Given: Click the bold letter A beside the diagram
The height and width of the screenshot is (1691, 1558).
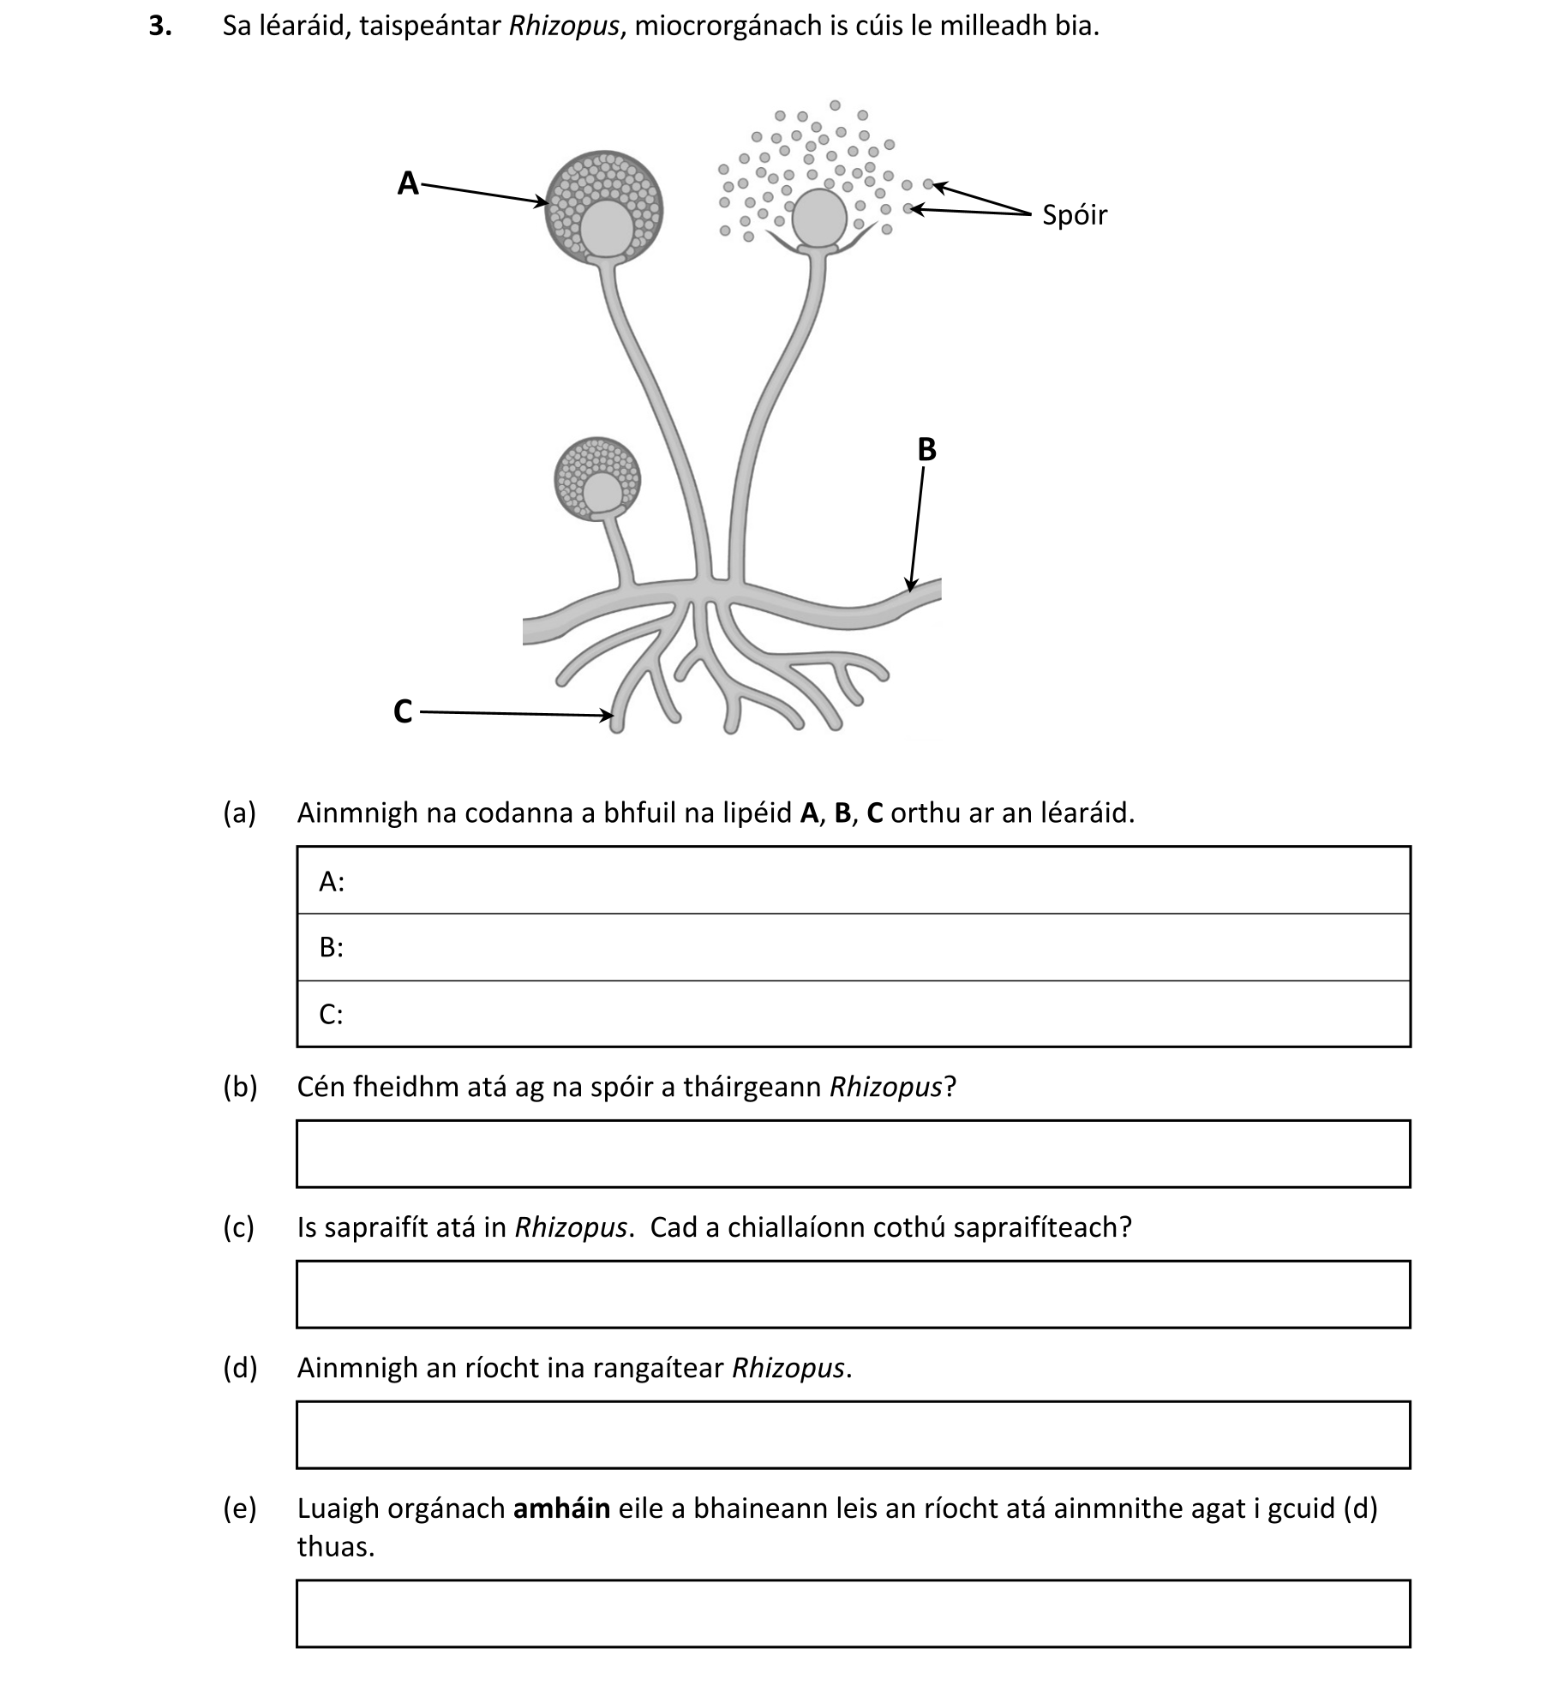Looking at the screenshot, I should [x=408, y=183].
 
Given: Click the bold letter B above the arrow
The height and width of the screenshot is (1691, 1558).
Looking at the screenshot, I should [x=926, y=450].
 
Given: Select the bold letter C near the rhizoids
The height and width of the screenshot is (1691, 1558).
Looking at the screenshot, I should [x=403, y=711].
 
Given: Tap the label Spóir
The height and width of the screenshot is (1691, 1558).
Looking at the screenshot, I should [x=1074, y=215].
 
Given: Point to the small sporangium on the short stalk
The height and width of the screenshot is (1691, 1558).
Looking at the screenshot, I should [x=597, y=479].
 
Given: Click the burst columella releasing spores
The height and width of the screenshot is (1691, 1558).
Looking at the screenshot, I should [x=819, y=218].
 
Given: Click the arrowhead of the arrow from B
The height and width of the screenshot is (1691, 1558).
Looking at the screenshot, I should [x=911, y=585].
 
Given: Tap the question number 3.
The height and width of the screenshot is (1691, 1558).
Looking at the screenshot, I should [x=159, y=27].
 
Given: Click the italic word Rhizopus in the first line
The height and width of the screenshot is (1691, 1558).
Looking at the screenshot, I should [x=563, y=27].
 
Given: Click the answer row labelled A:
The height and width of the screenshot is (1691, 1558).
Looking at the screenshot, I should [x=853, y=881].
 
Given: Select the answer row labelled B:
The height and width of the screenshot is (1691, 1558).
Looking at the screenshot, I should [x=853, y=947].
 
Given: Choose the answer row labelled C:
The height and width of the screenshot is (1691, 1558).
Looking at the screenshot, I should [x=853, y=1014].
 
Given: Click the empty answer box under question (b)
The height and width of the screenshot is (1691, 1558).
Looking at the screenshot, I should [x=853, y=1154].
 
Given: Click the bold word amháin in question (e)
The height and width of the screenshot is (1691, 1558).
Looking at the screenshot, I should [x=561, y=1508].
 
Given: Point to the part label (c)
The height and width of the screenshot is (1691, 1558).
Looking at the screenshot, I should [x=239, y=1227].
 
